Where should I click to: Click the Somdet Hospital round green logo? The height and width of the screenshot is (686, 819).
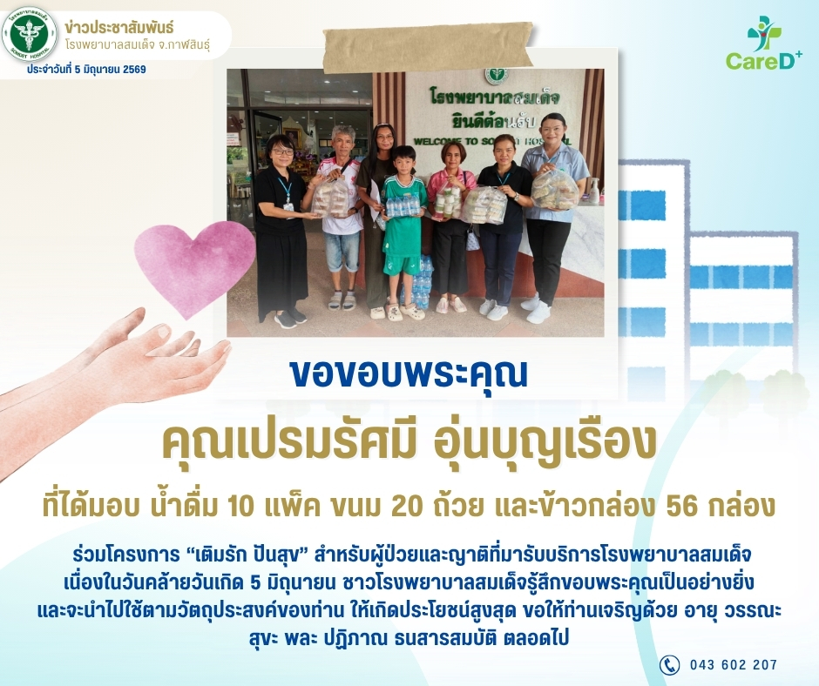pyautogui.click(x=30, y=35)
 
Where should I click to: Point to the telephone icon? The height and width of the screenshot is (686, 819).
pyautogui.click(x=669, y=664)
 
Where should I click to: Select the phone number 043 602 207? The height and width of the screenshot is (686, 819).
pyautogui.click(x=734, y=664)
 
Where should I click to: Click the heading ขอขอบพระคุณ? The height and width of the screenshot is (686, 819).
pyautogui.click(x=409, y=373)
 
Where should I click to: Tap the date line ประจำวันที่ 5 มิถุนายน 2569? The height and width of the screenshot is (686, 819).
pyautogui.click(x=87, y=70)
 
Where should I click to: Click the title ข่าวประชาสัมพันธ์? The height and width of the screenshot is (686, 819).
pyautogui.click(x=119, y=27)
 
